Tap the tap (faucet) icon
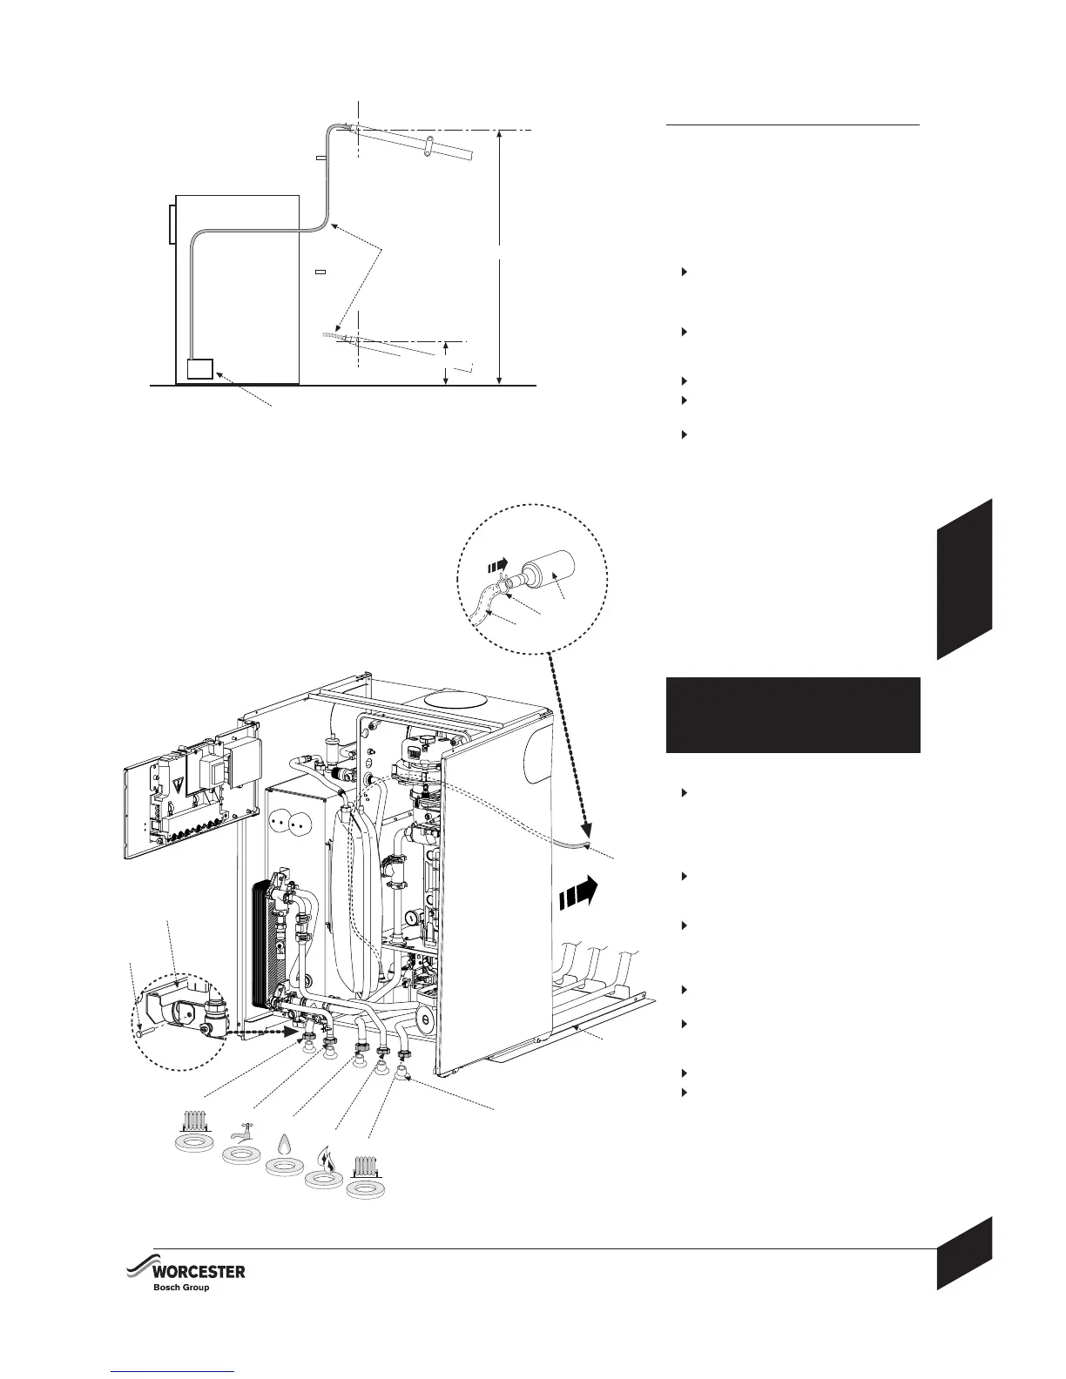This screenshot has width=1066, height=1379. coord(242,1132)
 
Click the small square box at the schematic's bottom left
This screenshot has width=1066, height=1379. coord(200,369)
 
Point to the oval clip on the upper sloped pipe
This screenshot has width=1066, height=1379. coord(429,148)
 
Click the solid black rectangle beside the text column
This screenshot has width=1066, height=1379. coord(793,715)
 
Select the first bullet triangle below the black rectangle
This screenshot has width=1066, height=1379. coord(685,793)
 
